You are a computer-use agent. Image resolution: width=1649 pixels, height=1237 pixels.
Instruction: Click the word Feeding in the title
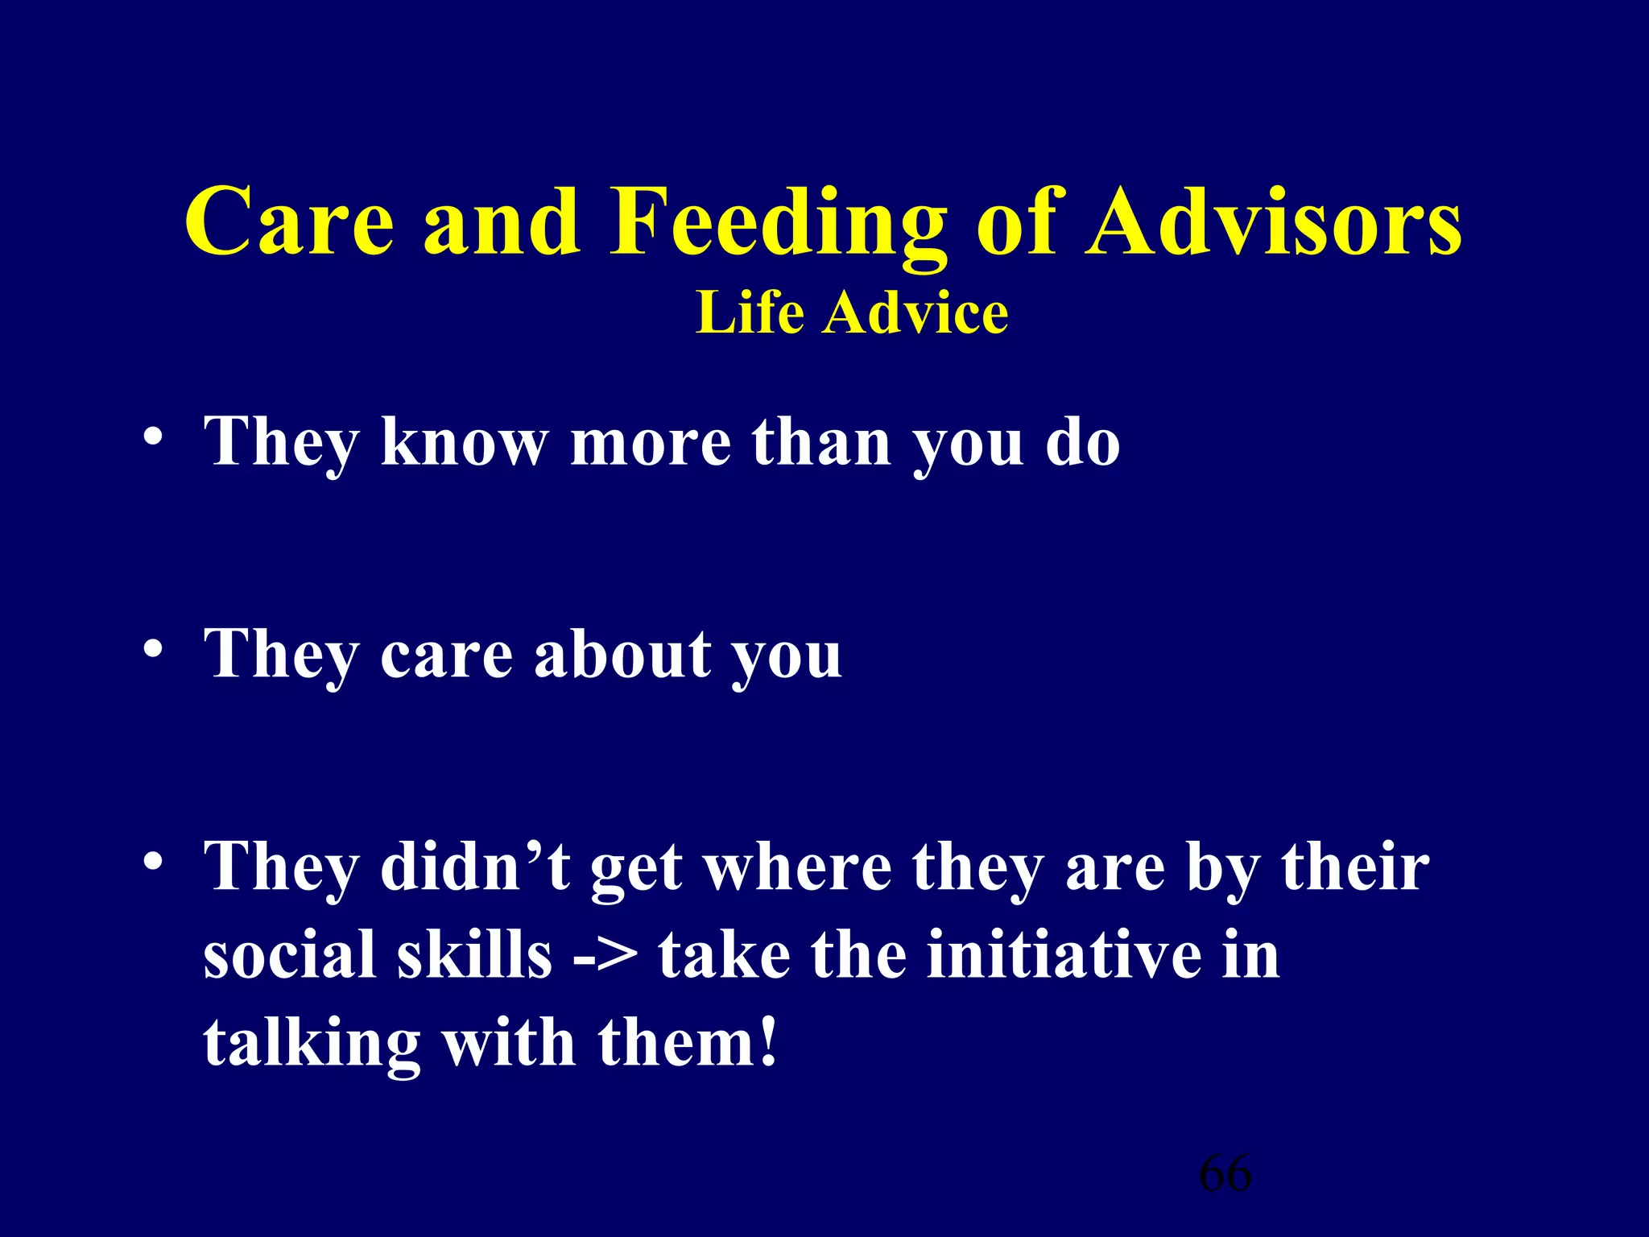coord(777,223)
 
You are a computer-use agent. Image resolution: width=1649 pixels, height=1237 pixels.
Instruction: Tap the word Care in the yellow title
coord(290,223)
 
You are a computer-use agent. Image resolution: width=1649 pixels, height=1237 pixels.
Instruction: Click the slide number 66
coord(1225,1173)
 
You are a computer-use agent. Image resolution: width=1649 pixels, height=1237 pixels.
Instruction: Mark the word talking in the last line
coord(312,1043)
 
